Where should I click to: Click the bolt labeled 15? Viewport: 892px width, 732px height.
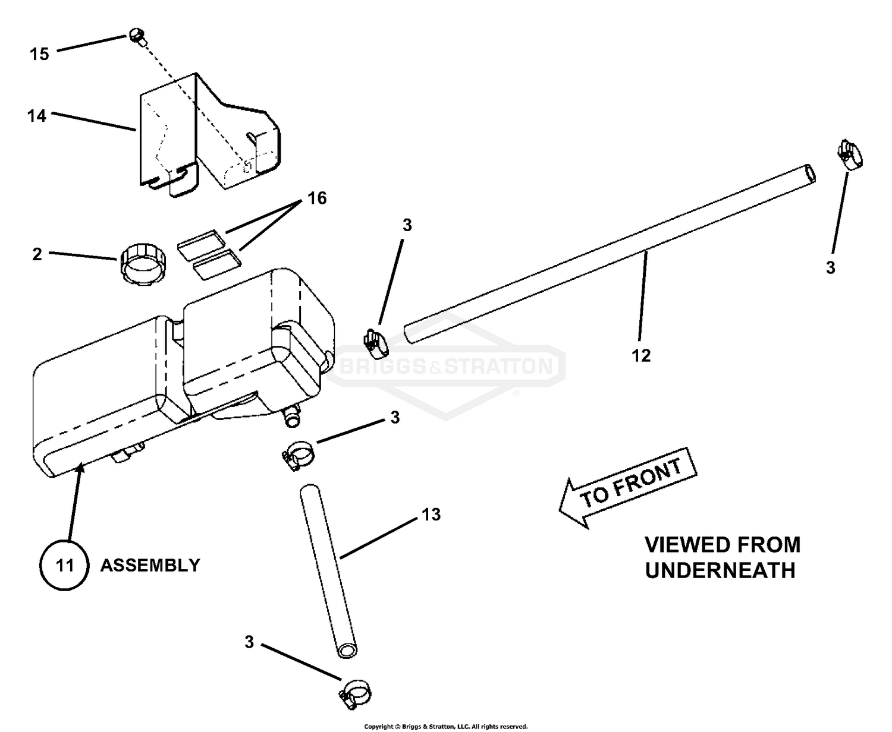coord(136,36)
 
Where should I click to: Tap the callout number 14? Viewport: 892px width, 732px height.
coord(37,115)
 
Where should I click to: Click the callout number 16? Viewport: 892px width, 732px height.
coord(318,198)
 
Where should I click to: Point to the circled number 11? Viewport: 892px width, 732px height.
coord(64,564)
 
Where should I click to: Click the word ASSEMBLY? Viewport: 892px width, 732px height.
coord(150,565)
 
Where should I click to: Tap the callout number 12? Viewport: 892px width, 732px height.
coord(642,355)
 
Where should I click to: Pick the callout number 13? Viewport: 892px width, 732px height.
coord(431,514)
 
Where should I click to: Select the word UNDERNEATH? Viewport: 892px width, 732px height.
coord(720,570)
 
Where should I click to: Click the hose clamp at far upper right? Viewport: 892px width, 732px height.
coord(850,154)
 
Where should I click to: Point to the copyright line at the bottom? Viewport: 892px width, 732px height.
coord(445,726)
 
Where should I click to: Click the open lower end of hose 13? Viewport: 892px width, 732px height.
coord(347,649)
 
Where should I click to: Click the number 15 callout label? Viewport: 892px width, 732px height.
coord(39,54)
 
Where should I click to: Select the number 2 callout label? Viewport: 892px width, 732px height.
coord(37,254)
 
